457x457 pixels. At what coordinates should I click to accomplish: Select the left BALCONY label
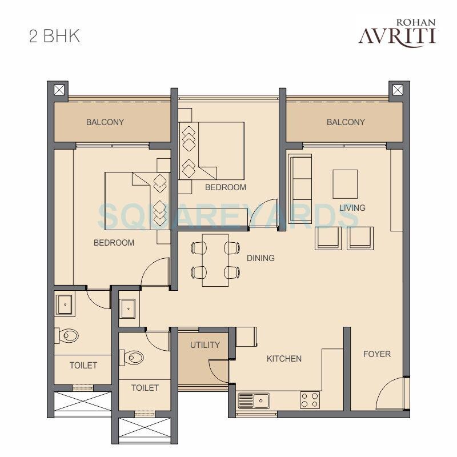click(x=105, y=122)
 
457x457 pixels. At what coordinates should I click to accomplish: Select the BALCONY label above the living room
click(x=346, y=122)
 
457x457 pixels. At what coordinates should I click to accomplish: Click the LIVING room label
click(x=352, y=208)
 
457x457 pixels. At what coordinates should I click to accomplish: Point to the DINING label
click(x=260, y=258)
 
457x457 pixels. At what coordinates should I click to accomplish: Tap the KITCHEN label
click(x=284, y=359)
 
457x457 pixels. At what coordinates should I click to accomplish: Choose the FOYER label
click(x=377, y=354)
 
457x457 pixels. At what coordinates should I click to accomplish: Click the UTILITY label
click(x=205, y=345)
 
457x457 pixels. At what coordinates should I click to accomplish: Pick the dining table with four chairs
click(x=215, y=260)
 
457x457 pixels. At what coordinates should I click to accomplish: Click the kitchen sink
click(x=254, y=400)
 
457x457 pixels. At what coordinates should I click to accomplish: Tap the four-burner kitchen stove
click(x=310, y=399)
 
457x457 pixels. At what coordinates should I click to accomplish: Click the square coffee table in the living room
click(x=345, y=184)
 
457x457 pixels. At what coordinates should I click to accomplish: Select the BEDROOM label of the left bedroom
click(x=114, y=243)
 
